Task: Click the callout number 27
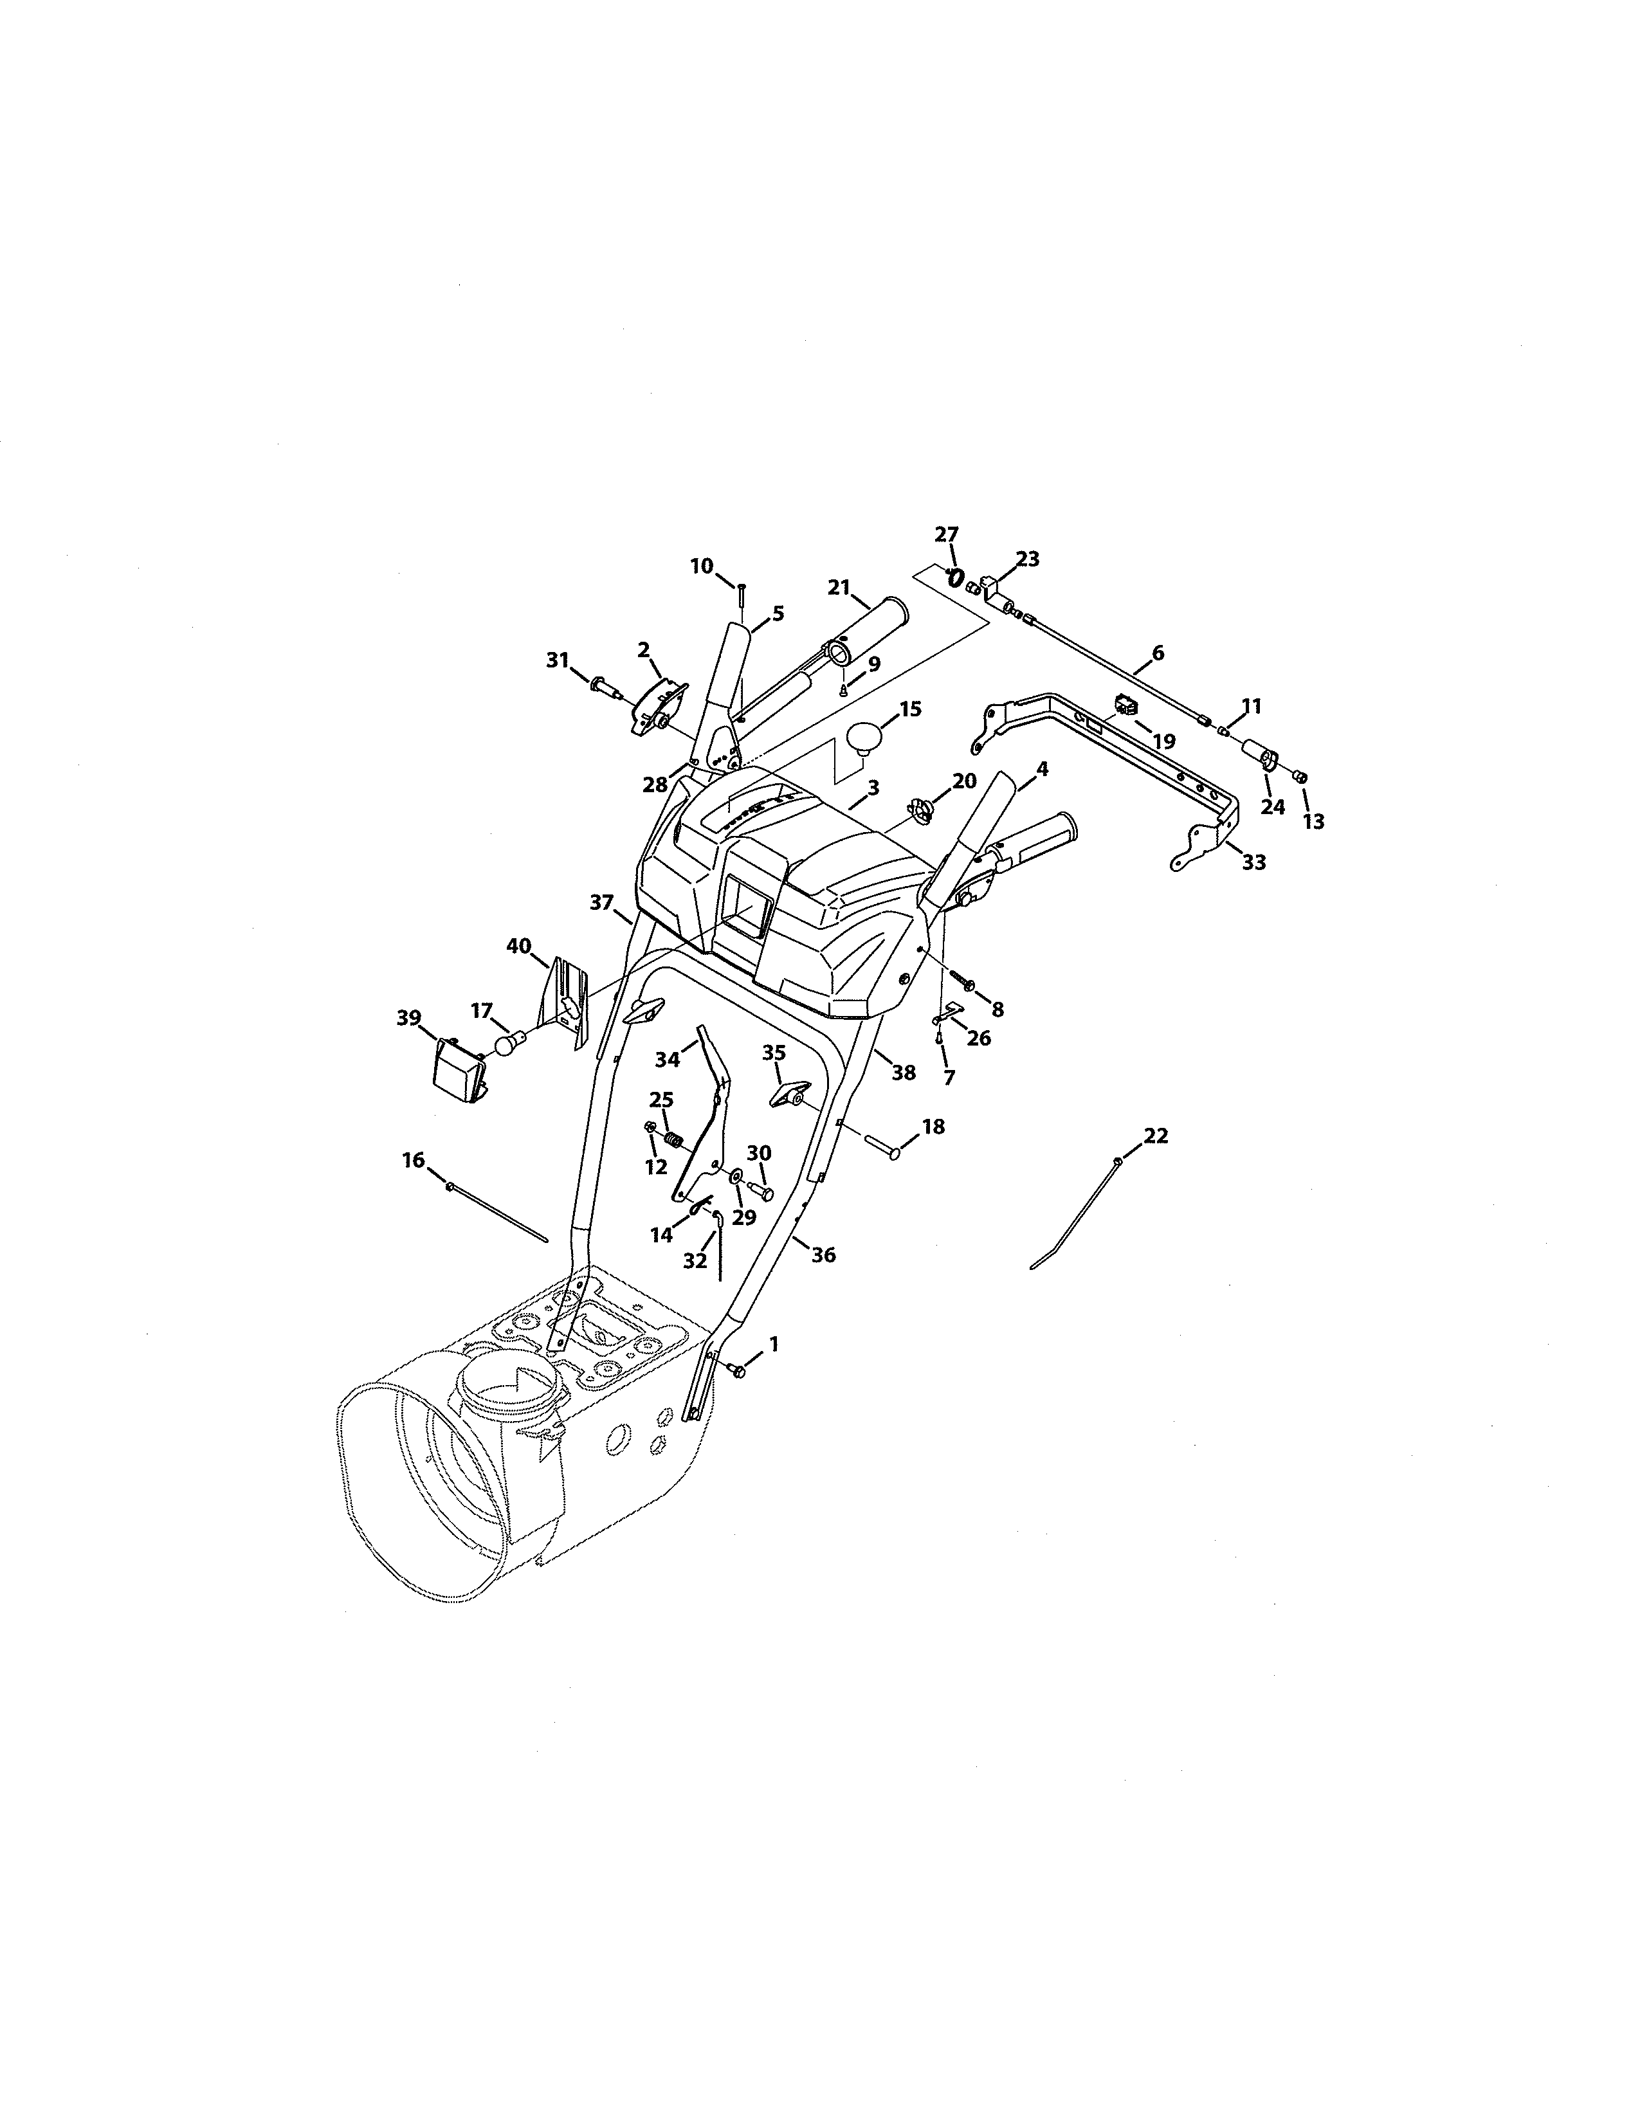click(x=946, y=534)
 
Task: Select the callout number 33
click(x=1253, y=862)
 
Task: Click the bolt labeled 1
click(x=738, y=1371)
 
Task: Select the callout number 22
click(x=1155, y=1136)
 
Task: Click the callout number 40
click(x=519, y=945)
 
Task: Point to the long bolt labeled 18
click(x=880, y=1152)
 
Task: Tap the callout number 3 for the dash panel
click(x=873, y=788)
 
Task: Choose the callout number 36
click(x=823, y=1255)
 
